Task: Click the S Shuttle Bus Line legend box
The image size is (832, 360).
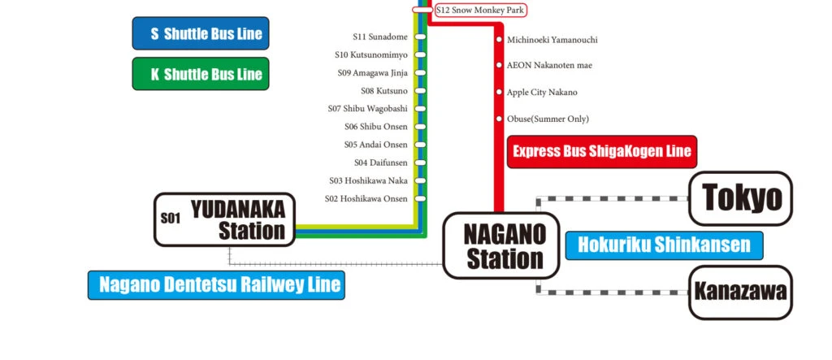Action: click(x=200, y=34)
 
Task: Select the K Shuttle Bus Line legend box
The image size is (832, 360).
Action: click(x=200, y=74)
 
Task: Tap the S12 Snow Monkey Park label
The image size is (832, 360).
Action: click(x=480, y=11)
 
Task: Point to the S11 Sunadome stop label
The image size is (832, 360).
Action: click(x=380, y=37)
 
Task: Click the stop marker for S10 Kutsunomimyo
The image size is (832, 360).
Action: click(x=420, y=54)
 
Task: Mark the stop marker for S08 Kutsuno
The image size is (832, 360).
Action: click(x=420, y=90)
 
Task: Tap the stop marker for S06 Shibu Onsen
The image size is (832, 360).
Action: click(x=420, y=126)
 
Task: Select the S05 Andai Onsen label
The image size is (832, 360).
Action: click(x=376, y=145)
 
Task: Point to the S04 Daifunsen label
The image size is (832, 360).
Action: click(x=380, y=163)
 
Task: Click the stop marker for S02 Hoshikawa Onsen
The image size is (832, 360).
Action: click(x=420, y=198)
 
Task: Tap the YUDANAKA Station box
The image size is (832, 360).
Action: click(x=224, y=219)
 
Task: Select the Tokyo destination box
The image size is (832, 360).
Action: click(x=739, y=198)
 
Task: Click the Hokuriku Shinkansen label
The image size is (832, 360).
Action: click(x=664, y=244)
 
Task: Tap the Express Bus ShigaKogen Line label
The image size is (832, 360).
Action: click(x=601, y=151)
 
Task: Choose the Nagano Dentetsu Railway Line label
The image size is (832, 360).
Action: click(x=216, y=285)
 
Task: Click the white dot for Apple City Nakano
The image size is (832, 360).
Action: click(x=500, y=92)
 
